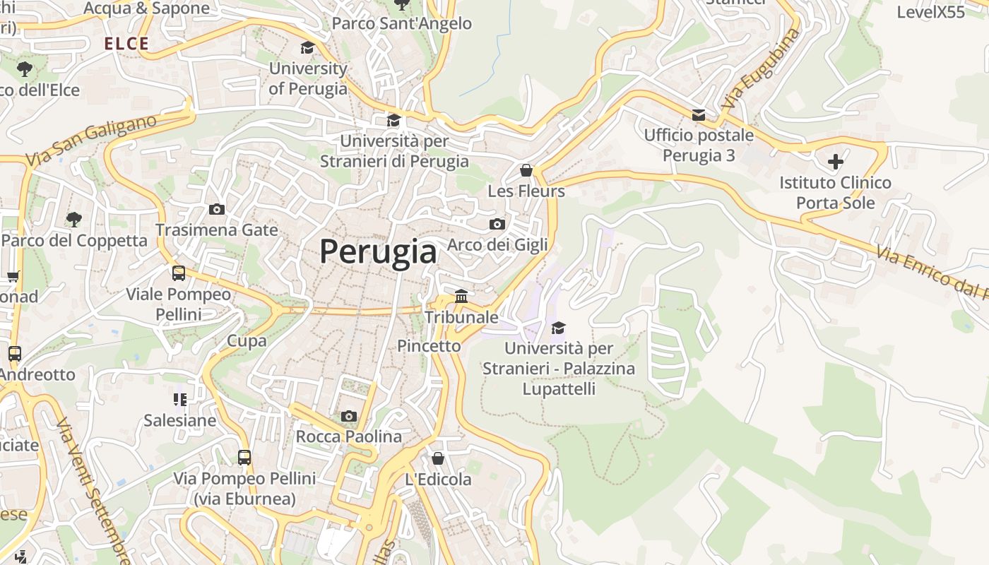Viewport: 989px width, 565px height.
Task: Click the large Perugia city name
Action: point(378,251)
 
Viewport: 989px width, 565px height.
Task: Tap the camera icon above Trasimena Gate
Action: point(217,209)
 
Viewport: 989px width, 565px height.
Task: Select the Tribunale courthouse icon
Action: point(461,296)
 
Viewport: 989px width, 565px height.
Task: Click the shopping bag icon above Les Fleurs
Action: point(526,170)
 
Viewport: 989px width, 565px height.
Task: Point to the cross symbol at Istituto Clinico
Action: point(835,162)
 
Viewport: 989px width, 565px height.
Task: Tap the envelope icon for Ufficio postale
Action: point(699,114)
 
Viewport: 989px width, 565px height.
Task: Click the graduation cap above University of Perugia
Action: point(307,47)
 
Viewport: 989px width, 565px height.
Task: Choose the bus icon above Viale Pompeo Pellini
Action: point(179,273)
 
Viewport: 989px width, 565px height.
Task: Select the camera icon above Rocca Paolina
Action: point(348,416)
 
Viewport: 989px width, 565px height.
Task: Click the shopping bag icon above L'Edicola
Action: point(438,458)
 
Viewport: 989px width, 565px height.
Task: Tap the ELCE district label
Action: point(126,44)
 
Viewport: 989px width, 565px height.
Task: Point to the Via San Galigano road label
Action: point(92,141)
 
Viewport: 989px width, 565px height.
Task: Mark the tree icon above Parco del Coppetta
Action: point(73,220)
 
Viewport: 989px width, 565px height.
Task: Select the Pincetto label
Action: point(429,346)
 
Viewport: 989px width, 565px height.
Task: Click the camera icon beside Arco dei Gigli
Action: point(497,224)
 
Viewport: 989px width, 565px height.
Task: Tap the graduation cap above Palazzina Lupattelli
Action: point(558,328)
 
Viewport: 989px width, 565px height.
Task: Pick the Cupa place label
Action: point(247,341)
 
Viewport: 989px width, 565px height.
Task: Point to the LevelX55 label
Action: point(930,12)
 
